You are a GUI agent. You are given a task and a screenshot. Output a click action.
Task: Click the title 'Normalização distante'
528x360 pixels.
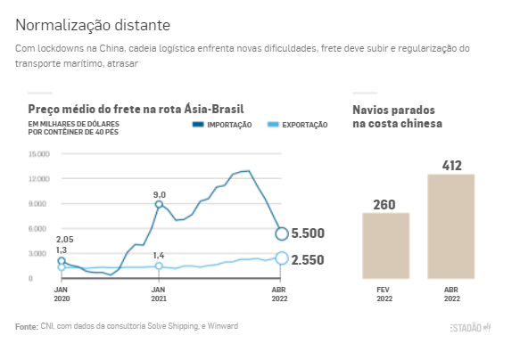click(93, 25)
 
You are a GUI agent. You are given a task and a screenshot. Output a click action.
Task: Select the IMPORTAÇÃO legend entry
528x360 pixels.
click(222, 125)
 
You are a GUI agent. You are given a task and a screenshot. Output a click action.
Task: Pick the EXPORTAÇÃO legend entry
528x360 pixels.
click(297, 125)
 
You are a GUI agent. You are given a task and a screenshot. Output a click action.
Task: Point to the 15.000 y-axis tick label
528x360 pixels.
click(39, 154)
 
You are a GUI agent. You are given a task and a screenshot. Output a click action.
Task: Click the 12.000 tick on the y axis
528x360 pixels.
click(39, 178)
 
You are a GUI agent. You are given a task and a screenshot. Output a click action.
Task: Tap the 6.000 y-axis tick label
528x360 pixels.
click(37, 229)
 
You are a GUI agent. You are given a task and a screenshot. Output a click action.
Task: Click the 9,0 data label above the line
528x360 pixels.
click(160, 195)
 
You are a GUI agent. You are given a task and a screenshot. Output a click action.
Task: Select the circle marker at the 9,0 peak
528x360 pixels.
click(159, 204)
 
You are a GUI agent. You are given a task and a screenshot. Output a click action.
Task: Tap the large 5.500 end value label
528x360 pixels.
click(308, 233)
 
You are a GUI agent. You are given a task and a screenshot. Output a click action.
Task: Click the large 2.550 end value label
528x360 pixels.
click(308, 260)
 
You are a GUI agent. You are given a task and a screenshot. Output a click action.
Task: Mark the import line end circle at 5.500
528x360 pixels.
click(282, 233)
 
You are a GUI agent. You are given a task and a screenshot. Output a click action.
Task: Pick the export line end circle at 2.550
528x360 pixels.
click(282, 258)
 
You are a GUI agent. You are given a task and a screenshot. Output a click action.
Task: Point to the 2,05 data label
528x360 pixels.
click(64, 240)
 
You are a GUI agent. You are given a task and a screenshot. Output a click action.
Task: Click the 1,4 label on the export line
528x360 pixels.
click(159, 256)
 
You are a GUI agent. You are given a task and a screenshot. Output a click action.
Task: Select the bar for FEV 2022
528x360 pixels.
click(386, 246)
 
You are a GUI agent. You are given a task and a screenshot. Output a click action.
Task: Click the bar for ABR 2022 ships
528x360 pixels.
click(451, 226)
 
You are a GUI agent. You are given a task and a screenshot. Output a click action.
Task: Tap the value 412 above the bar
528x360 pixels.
click(452, 166)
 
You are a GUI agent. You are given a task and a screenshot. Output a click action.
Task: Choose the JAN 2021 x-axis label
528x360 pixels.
click(159, 294)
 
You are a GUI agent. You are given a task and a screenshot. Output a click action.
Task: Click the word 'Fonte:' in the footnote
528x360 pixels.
click(27, 326)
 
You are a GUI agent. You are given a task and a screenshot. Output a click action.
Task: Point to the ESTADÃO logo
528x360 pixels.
click(470, 328)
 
